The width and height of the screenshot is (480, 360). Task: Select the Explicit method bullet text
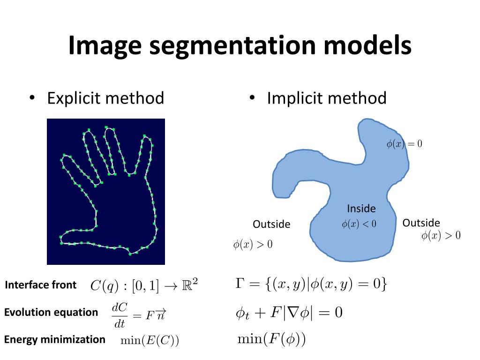(x=105, y=98)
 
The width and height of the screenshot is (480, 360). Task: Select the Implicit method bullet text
(x=326, y=98)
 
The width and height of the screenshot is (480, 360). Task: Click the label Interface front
(x=40, y=285)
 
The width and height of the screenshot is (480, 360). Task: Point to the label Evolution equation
(x=51, y=312)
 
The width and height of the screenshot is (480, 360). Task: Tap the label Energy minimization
(x=55, y=339)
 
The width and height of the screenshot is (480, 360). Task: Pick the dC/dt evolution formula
(x=139, y=315)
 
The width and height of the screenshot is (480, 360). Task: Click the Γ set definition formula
(x=311, y=284)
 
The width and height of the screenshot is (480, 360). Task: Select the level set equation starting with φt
(x=289, y=313)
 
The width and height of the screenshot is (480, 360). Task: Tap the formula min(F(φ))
(x=271, y=339)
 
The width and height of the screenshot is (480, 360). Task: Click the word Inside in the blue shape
(x=361, y=209)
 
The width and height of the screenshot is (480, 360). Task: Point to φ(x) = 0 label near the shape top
(x=404, y=144)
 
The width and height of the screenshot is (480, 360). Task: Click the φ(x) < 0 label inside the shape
(x=359, y=225)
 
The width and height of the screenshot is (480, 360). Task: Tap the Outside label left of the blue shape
(x=271, y=225)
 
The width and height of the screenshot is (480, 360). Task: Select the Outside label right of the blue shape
(x=421, y=223)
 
